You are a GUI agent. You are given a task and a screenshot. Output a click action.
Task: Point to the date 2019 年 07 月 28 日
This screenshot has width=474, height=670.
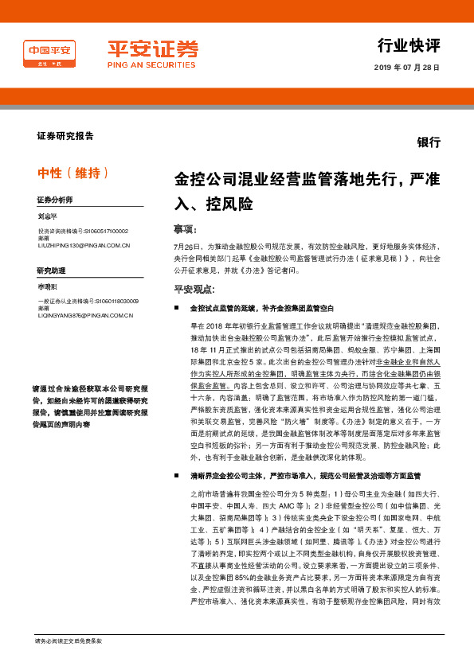(406, 68)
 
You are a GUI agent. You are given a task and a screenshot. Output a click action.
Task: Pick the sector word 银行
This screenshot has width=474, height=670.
(429, 142)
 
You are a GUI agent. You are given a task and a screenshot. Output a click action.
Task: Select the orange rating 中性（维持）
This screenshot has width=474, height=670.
(73, 173)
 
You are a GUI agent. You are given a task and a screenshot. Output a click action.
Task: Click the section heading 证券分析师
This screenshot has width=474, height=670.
(55, 199)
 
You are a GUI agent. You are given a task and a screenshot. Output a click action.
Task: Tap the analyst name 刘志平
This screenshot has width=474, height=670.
(49, 216)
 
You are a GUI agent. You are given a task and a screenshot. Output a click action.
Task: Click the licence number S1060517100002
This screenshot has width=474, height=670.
(107, 232)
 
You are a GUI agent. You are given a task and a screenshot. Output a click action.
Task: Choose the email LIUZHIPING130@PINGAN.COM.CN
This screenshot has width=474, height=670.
(84, 246)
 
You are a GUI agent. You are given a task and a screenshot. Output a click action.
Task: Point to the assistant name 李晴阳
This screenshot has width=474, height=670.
(49, 286)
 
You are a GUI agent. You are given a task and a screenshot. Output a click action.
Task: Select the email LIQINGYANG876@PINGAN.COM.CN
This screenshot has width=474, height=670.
(85, 316)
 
